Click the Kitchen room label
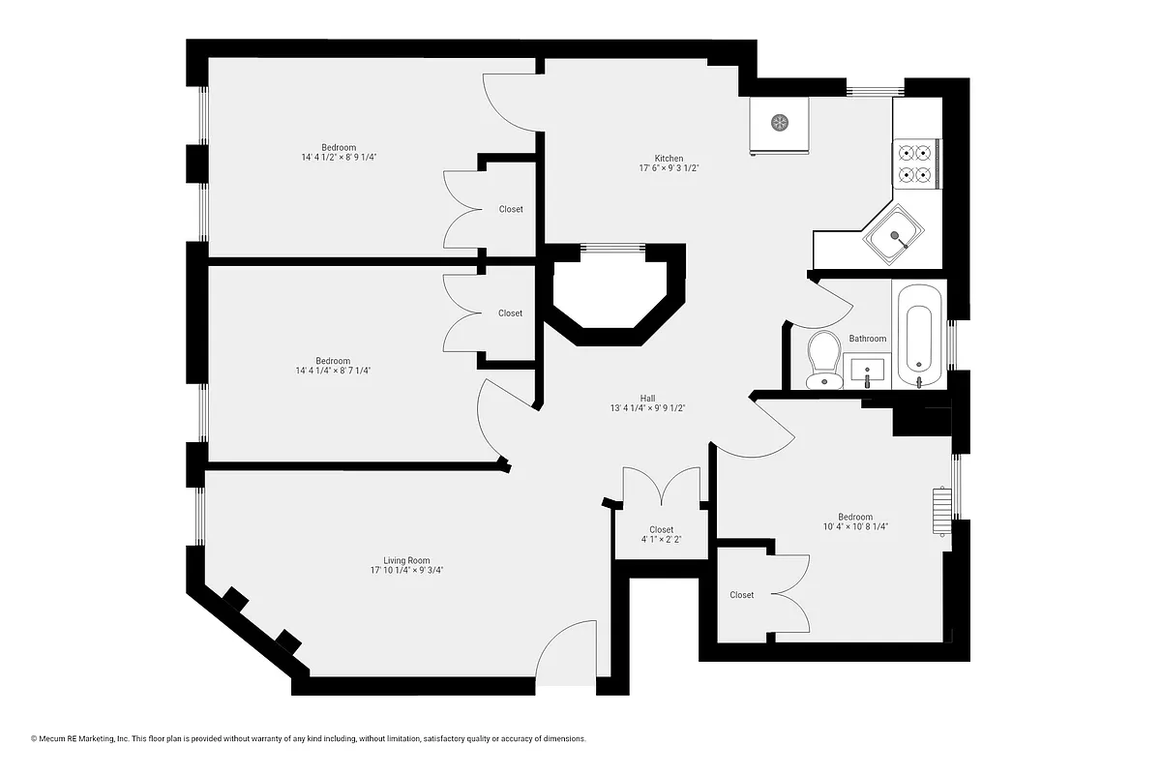(669, 159)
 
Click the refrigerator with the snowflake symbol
(779, 124)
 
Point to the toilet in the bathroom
(824, 359)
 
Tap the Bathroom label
(867, 339)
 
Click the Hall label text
(647, 398)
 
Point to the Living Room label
(406, 560)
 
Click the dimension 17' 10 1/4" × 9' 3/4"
(406, 571)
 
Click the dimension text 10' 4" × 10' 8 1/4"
(855, 527)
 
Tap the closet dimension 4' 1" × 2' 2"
(662, 540)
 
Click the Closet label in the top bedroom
(511, 209)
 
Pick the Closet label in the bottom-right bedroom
(742, 595)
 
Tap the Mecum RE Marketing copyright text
(309, 738)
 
